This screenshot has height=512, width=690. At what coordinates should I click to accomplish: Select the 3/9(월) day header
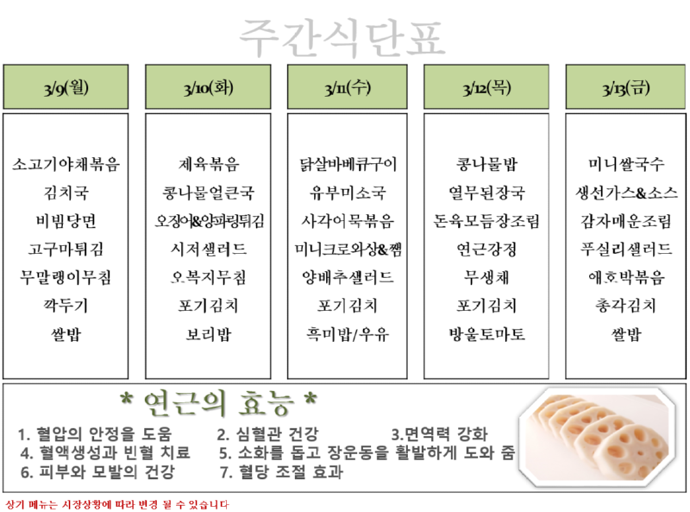(66, 87)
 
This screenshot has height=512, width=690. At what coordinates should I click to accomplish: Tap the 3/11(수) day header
(348, 87)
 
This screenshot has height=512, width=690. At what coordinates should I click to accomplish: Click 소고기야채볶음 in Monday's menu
(66, 163)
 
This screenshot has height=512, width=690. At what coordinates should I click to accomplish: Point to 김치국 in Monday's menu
(66, 192)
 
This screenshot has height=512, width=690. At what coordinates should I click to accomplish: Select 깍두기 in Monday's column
(66, 306)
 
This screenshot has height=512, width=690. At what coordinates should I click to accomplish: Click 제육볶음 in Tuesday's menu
(207, 163)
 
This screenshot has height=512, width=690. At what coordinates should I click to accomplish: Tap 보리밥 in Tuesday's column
(207, 333)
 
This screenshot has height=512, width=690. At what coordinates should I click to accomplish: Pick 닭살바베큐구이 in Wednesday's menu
(348, 163)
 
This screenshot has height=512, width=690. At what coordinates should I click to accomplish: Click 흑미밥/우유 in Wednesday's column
(348, 333)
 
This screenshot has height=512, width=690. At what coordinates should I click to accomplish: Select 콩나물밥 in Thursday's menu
(486, 163)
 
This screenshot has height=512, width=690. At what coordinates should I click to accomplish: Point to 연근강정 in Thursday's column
(486, 249)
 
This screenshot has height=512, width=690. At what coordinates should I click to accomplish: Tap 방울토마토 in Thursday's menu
(486, 333)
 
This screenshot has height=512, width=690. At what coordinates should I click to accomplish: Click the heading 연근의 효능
(218, 403)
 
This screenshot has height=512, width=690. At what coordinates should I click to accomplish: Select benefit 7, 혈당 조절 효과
(281, 472)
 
